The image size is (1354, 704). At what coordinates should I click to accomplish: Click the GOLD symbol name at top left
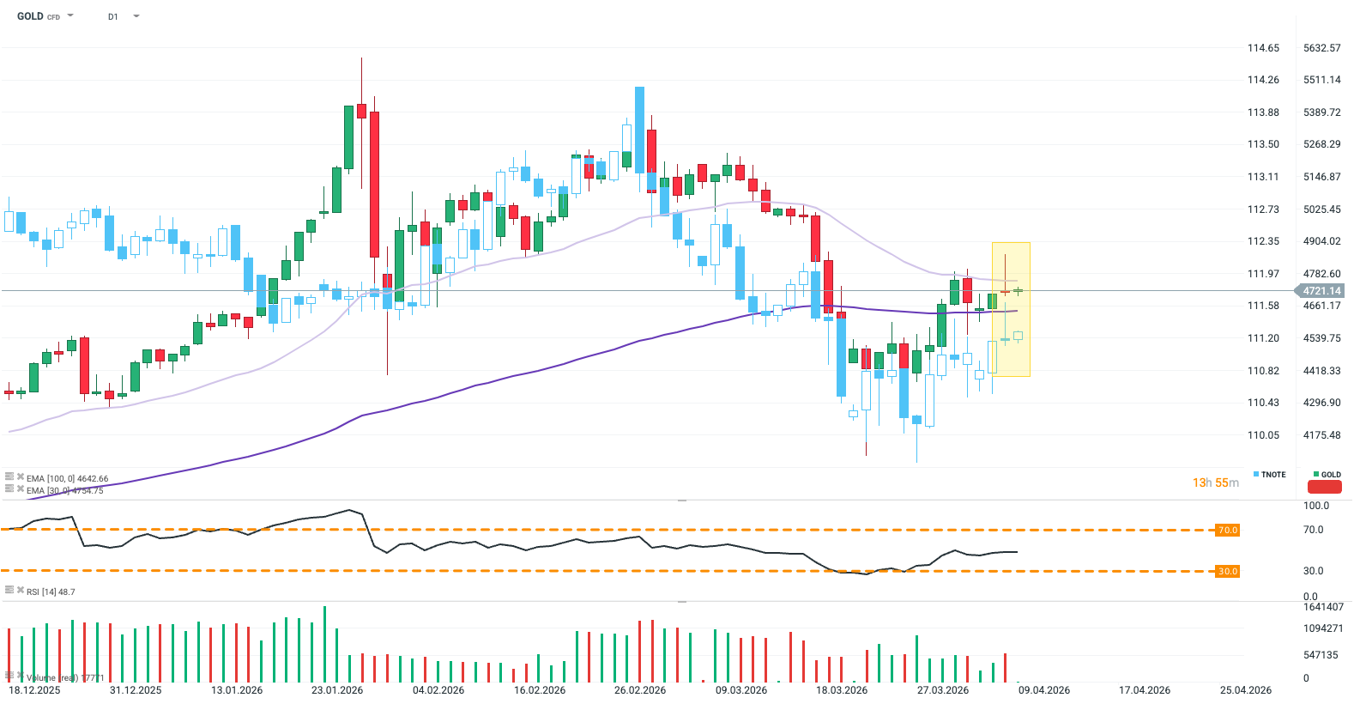tap(30, 16)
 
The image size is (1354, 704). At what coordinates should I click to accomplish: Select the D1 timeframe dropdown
tap(113, 16)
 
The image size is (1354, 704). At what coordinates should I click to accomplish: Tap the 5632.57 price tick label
tap(1321, 48)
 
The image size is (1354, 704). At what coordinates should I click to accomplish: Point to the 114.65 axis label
tap(1263, 48)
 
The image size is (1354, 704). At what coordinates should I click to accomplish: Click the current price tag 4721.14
tap(1321, 291)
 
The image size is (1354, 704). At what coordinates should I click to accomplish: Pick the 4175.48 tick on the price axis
tap(1321, 435)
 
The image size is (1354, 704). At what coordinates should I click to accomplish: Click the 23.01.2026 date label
tap(337, 690)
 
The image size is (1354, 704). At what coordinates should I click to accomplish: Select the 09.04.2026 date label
tap(1044, 690)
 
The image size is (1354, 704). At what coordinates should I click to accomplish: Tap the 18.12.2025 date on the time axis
tap(34, 690)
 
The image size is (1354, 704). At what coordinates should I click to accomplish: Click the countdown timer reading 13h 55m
tap(1215, 483)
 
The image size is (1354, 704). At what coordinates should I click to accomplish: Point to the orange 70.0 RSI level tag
tap(1227, 531)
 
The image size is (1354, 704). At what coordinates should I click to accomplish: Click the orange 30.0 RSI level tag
tap(1227, 571)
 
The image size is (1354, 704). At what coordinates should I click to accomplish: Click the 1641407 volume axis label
tap(1323, 607)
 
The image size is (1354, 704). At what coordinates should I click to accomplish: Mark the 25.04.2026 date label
tap(1246, 690)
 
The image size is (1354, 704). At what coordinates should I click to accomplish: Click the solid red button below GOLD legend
tap(1324, 487)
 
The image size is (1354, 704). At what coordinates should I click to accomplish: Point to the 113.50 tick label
tap(1263, 144)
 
